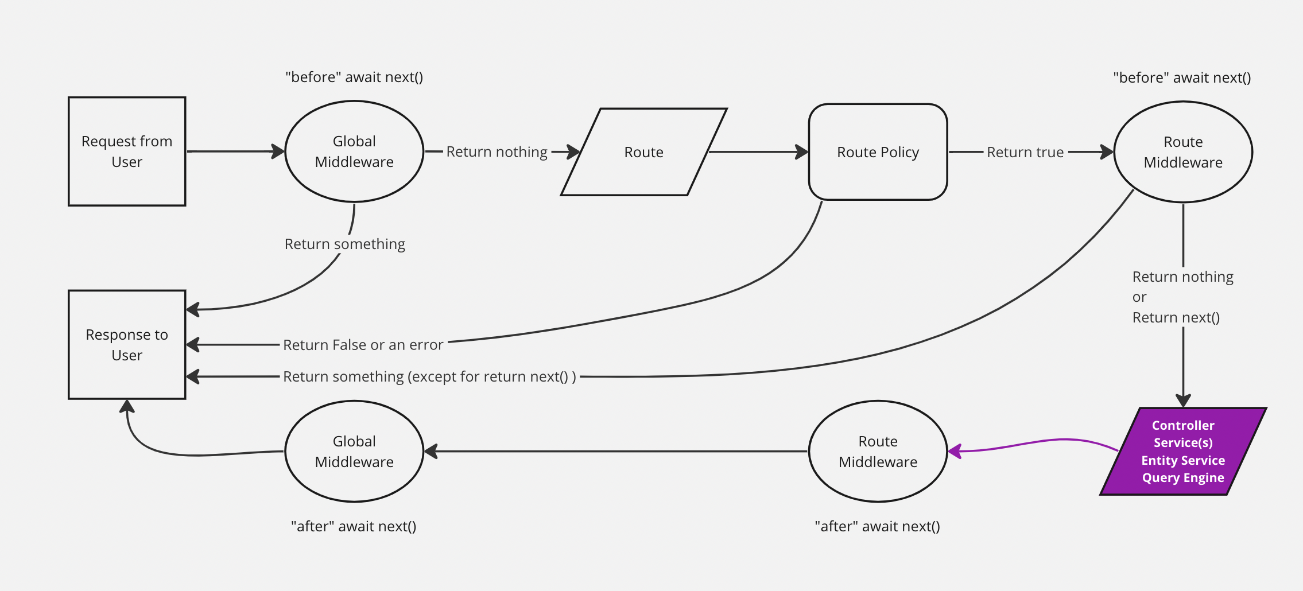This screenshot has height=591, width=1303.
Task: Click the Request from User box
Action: point(127,151)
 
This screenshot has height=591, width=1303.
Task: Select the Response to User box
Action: point(127,344)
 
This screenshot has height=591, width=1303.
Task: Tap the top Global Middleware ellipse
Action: point(354,151)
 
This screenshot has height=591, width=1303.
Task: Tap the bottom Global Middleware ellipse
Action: point(354,451)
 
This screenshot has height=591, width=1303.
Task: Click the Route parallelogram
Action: point(643,152)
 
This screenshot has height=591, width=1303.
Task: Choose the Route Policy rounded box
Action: point(878,152)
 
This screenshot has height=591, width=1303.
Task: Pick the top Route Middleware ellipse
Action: point(1182,152)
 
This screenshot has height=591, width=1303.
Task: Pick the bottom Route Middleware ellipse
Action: point(878,451)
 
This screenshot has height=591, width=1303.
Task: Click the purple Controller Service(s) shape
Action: point(1182,451)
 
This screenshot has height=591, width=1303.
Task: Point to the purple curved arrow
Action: point(1033,444)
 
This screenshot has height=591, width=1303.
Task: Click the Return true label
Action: point(1025,153)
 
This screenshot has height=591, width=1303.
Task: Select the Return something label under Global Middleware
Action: point(344,244)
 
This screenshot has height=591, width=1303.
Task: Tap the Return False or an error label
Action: point(363,345)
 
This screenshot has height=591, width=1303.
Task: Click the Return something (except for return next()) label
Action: point(429,377)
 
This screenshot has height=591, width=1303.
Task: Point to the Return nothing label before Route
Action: point(497,152)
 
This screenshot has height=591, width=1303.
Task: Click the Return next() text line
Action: point(1176,318)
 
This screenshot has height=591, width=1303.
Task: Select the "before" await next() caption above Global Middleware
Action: point(354,77)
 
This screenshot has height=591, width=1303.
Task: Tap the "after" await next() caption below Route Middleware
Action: point(877,527)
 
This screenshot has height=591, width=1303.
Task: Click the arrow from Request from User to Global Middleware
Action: point(235,151)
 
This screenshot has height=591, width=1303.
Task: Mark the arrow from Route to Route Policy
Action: point(758,152)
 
